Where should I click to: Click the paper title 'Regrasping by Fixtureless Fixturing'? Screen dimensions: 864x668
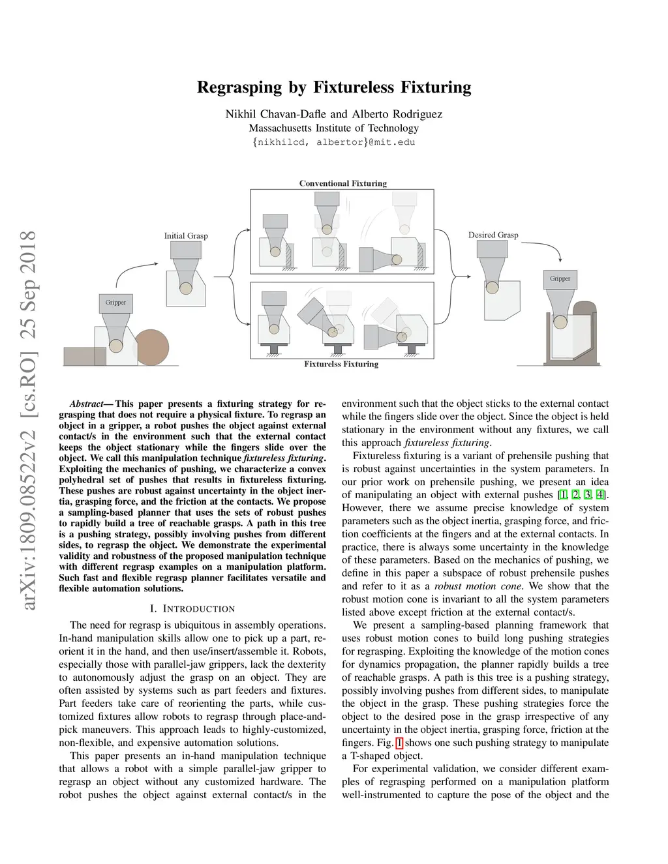coord(334,87)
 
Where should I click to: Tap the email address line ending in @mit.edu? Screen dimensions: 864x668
coord(334,142)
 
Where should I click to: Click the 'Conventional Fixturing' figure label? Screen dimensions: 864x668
coord(342,183)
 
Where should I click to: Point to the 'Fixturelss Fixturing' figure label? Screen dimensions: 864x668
coord(341,364)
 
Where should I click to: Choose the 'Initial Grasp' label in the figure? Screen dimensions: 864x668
coord(186,235)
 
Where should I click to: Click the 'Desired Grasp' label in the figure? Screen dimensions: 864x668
coord(493,235)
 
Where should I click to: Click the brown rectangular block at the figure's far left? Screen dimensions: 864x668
coord(84,356)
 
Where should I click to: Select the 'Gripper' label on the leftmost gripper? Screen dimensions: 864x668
coord(115,303)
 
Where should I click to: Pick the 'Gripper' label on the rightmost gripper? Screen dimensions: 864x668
coord(560,278)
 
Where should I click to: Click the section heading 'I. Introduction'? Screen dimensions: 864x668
coord(192,608)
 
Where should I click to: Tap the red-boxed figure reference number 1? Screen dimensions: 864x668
coord(399,743)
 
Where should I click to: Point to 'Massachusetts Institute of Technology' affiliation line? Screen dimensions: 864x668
coord(334,128)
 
